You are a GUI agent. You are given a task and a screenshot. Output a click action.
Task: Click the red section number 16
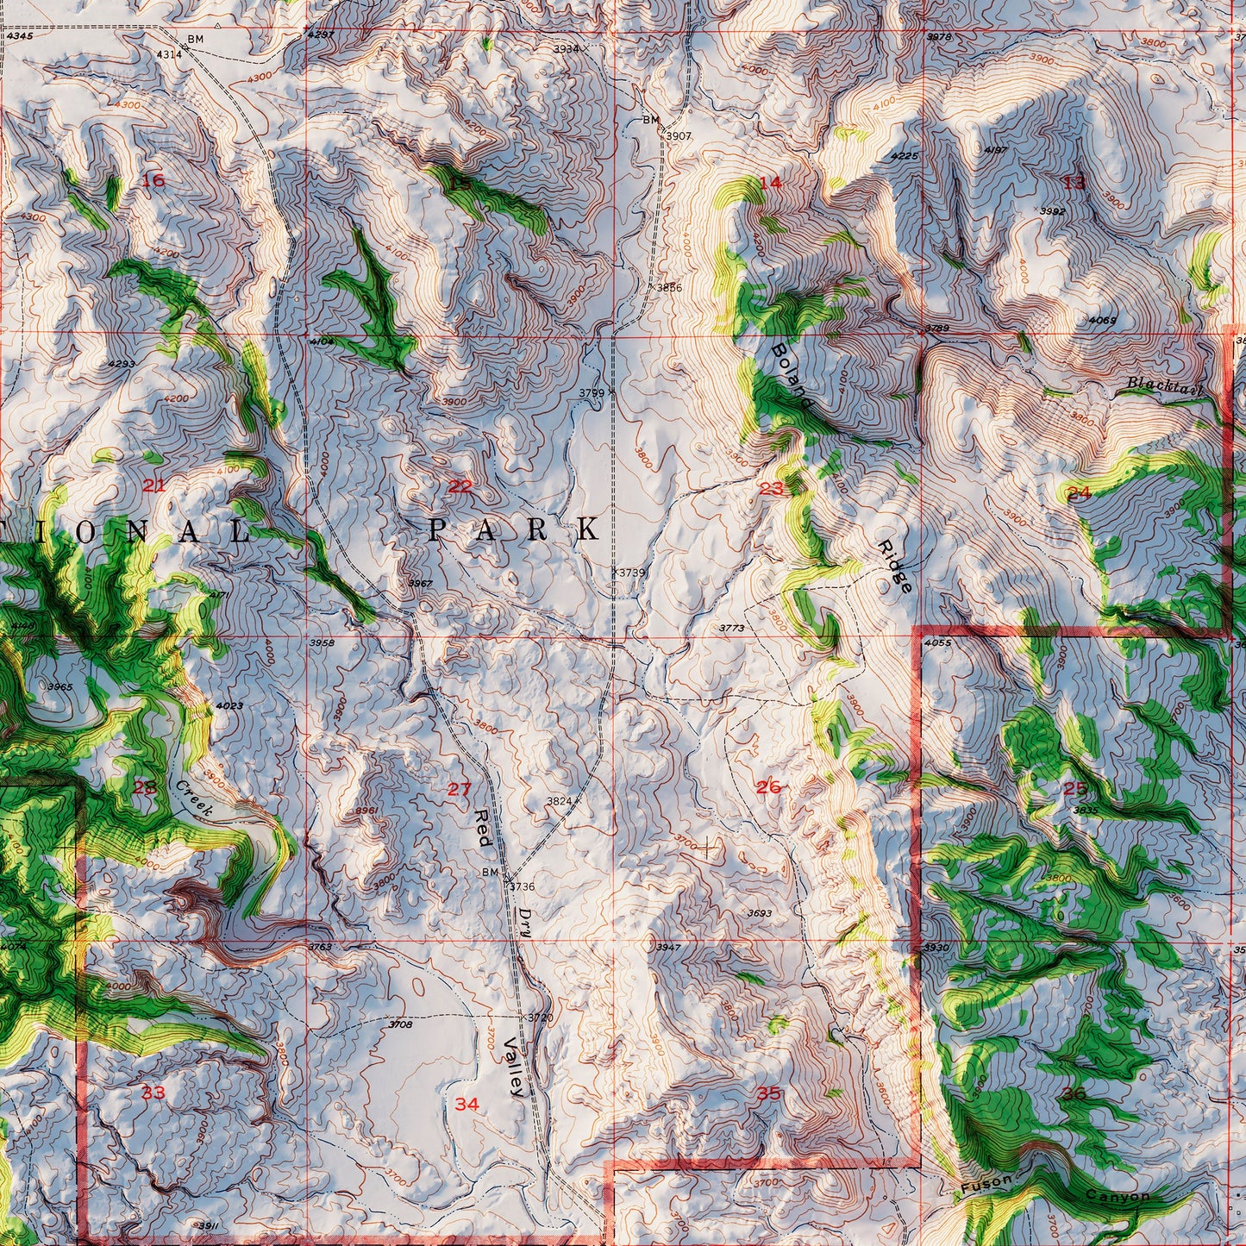(153, 180)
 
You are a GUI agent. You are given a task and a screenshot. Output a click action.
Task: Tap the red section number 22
(460, 486)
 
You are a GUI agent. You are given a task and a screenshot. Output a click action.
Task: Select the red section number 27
(460, 788)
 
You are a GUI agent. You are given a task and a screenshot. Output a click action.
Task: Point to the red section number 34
(466, 1104)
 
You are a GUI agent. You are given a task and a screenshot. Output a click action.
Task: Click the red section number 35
(769, 1093)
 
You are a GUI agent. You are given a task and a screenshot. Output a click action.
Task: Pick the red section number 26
(768, 786)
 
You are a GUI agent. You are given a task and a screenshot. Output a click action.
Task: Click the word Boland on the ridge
(791, 375)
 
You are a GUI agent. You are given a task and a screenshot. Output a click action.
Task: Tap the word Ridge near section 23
(894, 567)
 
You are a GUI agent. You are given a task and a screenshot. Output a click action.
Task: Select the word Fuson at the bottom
(986, 1185)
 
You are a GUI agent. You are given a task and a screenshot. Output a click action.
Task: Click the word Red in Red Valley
(483, 828)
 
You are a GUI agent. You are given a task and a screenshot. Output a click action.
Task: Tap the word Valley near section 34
(514, 1066)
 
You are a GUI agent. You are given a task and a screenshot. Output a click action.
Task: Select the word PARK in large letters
(514, 529)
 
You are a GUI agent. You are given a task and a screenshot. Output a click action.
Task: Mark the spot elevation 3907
(678, 136)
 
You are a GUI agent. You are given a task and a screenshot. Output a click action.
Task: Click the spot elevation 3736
(522, 886)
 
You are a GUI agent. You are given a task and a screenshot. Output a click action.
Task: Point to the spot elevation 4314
(169, 53)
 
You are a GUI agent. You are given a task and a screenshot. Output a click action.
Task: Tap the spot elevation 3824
(559, 801)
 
